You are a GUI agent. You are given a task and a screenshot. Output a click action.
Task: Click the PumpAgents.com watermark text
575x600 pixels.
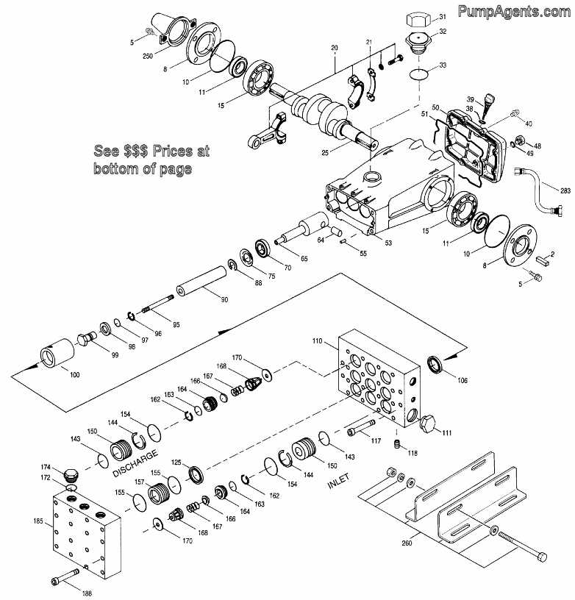[514, 11]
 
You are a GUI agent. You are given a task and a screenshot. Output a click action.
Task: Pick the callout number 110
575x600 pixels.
[318, 343]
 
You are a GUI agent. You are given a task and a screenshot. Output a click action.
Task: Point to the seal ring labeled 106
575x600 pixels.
[438, 365]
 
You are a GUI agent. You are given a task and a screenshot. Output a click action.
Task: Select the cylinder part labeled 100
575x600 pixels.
[57, 353]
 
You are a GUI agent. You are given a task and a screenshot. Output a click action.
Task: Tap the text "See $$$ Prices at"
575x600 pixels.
[151, 152]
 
